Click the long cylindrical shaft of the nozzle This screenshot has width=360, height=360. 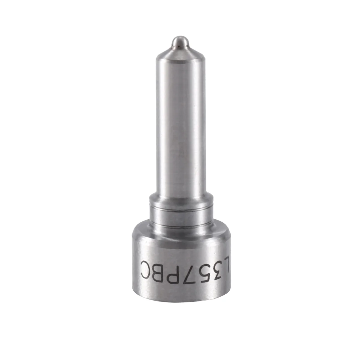180,126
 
